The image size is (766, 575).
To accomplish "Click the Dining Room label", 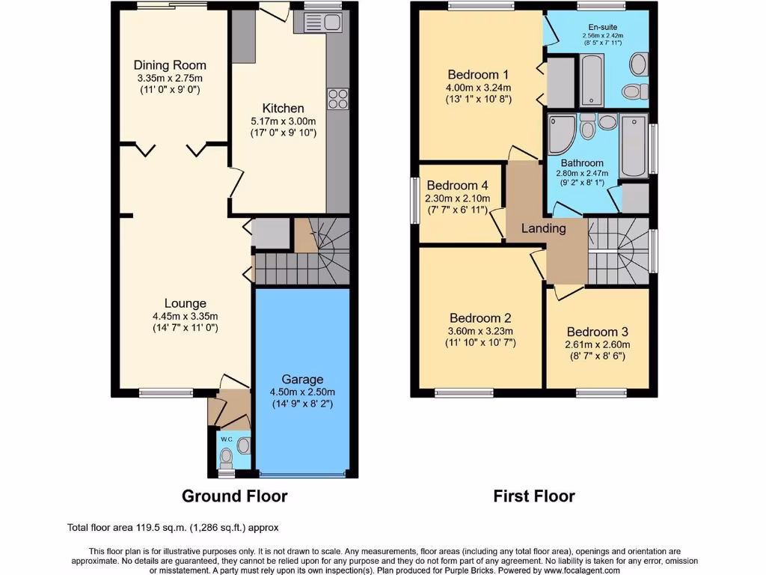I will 170,65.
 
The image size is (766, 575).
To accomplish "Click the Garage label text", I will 302,380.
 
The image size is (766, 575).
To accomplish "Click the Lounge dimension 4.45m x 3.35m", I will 185,316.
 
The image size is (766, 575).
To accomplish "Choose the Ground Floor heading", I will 234,496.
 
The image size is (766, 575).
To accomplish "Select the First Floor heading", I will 533,496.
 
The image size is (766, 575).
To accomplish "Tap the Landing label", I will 543,228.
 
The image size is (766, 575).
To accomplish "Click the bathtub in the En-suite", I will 591,81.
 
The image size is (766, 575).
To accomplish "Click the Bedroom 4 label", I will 457,186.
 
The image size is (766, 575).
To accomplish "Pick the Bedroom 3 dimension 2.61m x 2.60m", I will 597,344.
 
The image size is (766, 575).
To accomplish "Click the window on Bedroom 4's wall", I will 415,200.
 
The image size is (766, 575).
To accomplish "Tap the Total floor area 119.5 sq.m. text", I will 172,528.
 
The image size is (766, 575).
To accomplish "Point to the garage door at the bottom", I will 302,474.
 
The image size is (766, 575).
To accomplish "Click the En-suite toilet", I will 632,91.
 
